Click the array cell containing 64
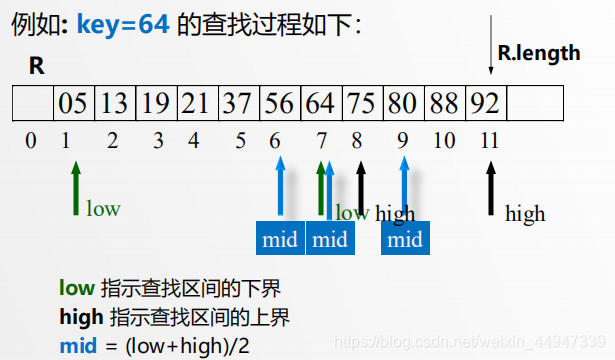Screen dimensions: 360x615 (x=321, y=103)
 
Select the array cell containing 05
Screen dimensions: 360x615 (x=72, y=103)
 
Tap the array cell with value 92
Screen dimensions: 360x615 (x=485, y=103)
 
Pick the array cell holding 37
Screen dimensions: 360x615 (x=238, y=103)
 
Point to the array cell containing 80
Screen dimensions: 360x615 (x=403, y=103)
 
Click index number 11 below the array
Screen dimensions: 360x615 (x=489, y=141)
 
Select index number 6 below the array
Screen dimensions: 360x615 (x=275, y=141)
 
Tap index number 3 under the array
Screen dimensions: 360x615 (x=158, y=141)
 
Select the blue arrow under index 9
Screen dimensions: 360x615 (x=404, y=188)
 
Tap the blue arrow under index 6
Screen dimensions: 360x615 (x=280, y=188)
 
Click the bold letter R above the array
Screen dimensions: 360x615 (x=36, y=67)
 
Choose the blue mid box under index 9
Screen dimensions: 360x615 (x=405, y=240)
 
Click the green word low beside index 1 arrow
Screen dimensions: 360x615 (x=103, y=209)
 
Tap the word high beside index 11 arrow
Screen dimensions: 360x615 (x=525, y=214)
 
